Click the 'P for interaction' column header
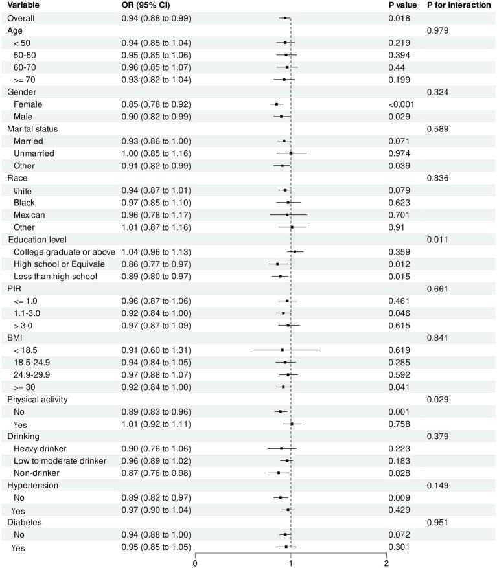[x=458, y=5]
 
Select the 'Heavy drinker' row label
[x=43, y=448]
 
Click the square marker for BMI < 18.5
[x=283, y=350]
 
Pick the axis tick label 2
[x=387, y=563]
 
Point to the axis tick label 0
[x=195, y=563]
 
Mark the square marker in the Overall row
[x=285, y=18]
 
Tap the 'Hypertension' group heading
[x=32, y=485]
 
